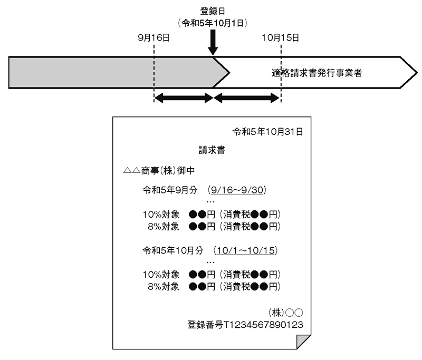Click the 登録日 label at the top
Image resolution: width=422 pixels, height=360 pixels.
pos(213,11)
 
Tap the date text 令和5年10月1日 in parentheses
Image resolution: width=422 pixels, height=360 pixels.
pos(213,23)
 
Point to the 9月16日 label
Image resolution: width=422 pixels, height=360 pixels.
pos(154,37)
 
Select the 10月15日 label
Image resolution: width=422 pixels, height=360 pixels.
pos(281,37)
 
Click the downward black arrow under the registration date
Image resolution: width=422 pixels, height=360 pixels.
pos(213,42)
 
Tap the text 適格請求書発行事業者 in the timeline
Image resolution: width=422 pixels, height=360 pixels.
pos(316,73)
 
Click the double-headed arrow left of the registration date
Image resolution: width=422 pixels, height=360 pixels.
pos(184,98)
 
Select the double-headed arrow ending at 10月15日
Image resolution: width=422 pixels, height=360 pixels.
pos(246,98)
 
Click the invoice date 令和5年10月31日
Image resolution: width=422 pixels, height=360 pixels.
pos(268,132)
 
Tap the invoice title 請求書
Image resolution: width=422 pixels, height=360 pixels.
pos(212,150)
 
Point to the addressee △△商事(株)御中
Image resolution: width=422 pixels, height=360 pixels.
pos(159,170)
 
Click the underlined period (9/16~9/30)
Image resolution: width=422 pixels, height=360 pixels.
pos(237,190)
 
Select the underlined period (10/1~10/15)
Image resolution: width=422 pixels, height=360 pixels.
pos(245,250)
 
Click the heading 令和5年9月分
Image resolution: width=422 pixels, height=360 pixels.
pos(170,190)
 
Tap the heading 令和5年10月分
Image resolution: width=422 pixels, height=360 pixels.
pos(173,250)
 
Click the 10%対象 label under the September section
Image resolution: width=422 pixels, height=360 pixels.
pos(161,215)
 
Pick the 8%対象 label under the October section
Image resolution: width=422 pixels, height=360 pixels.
pos(164,287)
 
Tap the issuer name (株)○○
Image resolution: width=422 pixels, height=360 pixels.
pos(285,313)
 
